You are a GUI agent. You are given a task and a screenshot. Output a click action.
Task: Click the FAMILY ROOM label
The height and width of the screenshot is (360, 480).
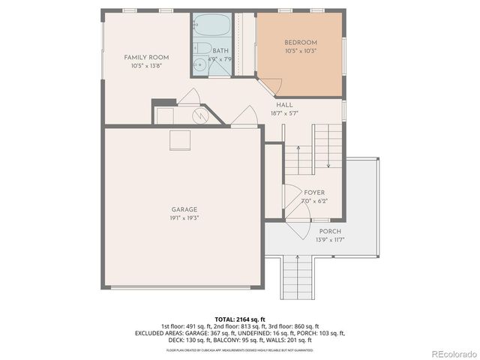pos(146,57)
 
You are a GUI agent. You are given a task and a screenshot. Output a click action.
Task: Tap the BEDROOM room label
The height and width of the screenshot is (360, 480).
pos(301,42)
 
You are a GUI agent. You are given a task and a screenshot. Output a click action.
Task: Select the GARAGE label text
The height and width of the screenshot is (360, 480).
pos(183,209)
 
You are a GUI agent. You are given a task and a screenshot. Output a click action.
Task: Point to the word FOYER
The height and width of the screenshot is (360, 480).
pos(313,193)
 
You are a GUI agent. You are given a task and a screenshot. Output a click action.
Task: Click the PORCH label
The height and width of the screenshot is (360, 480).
pos(330,231)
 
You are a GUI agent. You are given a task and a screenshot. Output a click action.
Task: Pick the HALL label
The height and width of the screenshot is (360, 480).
pos(284,105)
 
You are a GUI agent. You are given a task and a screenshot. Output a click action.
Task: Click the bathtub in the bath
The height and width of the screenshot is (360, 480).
pos(211,25)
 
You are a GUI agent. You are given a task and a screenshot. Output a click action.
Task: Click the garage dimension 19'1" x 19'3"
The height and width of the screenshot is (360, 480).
pos(183,217)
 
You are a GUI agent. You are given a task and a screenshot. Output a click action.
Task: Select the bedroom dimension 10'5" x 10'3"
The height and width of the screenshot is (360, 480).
pos(301,51)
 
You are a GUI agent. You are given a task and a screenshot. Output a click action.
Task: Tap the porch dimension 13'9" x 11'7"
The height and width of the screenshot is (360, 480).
pos(330,239)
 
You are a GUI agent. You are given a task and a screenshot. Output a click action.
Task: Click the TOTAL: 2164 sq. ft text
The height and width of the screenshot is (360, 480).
pos(240,319)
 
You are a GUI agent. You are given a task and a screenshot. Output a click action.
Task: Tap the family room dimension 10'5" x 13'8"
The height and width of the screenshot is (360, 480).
pos(146,66)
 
